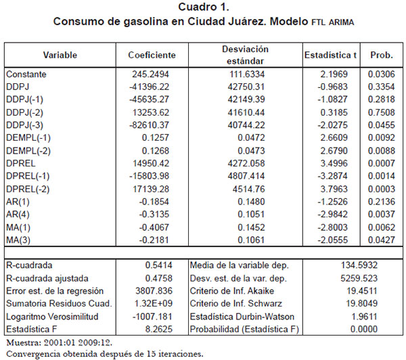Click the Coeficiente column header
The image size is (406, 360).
pyautogui.click(x=152, y=55)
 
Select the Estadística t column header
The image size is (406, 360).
pyautogui.click(x=331, y=55)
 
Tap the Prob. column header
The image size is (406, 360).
pyautogui.click(x=382, y=55)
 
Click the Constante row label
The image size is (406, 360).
pyautogui.click(x=26, y=74)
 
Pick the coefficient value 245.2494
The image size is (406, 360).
pyautogui.click(x=150, y=74)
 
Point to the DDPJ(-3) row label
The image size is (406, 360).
pyautogui.click(x=24, y=125)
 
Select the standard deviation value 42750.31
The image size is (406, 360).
pyautogui.click(x=246, y=87)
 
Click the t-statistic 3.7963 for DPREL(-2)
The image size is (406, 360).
pyautogui.click(x=334, y=189)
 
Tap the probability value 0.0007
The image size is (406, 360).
pyautogui.click(x=382, y=164)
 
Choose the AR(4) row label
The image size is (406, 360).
pyautogui.click(x=18, y=215)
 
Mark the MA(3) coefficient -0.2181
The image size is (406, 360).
pyautogui.click(x=154, y=240)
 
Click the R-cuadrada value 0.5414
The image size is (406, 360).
pyautogui.click(x=159, y=265)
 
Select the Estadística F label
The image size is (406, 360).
pyautogui.click(x=32, y=329)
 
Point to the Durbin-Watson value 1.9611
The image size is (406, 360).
pyautogui.click(x=364, y=317)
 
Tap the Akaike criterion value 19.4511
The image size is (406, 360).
pyautogui.click(x=362, y=291)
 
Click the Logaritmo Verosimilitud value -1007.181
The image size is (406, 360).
pyautogui.click(x=152, y=317)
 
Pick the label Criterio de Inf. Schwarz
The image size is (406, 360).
pyautogui.click(x=236, y=304)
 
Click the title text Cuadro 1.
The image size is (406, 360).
pyautogui.click(x=204, y=7)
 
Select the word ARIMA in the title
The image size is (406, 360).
pyautogui.click(x=341, y=22)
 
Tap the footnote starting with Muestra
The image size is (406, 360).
pyautogui.click(x=60, y=342)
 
